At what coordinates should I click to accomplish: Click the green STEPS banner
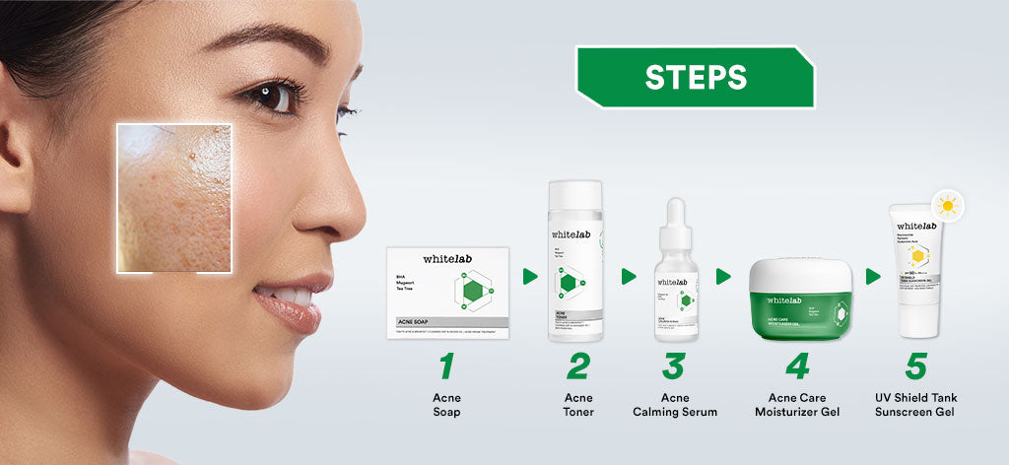pyautogui.click(x=696, y=77)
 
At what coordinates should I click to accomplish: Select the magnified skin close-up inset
pyautogui.click(x=173, y=197)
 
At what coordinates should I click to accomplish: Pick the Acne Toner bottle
pyautogui.click(x=575, y=261)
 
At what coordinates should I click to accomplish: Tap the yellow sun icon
pyautogui.click(x=948, y=206)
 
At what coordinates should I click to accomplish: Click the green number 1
pyautogui.click(x=446, y=365)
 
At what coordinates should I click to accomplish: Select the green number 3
pyautogui.click(x=674, y=365)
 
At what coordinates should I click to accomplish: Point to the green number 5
pyautogui.click(x=915, y=365)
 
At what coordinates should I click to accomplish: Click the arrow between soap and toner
pyautogui.click(x=530, y=277)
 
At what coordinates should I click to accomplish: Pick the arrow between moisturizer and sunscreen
pyautogui.click(x=872, y=277)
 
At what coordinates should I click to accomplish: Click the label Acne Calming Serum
pyautogui.click(x=675, y=405)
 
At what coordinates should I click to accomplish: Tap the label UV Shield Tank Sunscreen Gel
pyautogui.click(x=915, y=405)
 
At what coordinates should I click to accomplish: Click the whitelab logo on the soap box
pyautogui.click(x=446, y=259)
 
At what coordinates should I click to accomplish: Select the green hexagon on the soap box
pyautogui.click(x=473, y=292)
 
